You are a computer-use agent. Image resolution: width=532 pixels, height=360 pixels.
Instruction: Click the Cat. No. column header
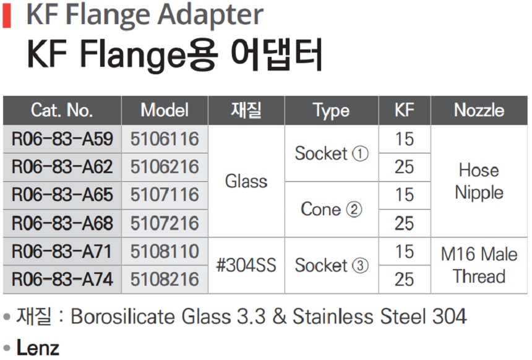[x=62, y=110]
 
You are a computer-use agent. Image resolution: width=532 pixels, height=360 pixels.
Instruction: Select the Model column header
[x=165, y=110]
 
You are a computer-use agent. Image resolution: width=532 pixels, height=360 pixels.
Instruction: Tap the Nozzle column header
[x=479, y=110]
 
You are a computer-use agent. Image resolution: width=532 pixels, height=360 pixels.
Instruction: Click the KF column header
[x=405, y=110]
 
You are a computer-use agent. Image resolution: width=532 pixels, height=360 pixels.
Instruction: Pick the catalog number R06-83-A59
[x=62, y=139]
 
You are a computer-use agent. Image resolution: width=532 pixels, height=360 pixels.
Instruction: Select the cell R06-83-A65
[x=62, y=195]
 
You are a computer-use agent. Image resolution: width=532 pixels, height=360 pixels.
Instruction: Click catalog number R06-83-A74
[x=62, y=279]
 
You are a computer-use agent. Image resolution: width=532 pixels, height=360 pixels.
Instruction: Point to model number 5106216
[x=165, y=167]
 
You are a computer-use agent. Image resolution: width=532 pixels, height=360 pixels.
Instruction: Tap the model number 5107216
[x=165, y=223]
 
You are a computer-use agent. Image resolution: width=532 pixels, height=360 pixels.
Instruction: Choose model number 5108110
[x=165, y=251]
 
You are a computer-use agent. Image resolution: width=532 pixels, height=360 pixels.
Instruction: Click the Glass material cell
[x=246, y=181]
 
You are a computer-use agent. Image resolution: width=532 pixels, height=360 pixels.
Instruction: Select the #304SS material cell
[x=246, y=265]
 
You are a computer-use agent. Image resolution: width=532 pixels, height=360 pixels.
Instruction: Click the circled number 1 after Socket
[x=360, y=153]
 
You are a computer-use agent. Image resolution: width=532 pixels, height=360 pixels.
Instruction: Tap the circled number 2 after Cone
[x=354, y=209]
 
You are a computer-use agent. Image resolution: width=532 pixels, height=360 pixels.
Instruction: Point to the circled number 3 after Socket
[x=360, y=265]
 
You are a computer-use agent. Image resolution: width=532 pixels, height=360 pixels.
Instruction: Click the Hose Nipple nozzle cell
[x=479, y=181]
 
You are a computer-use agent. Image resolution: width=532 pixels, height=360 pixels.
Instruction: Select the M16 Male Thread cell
[x=479, y=265]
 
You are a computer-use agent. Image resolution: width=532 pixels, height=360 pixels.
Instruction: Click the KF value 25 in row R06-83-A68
[x=405, y=223]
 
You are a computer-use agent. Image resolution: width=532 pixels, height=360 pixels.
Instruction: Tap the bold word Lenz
[x=38, y=348]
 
